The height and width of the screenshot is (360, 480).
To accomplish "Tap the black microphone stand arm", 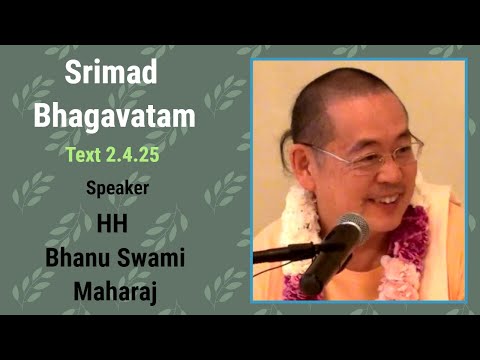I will pyautogui.click(x=290, y=252).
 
